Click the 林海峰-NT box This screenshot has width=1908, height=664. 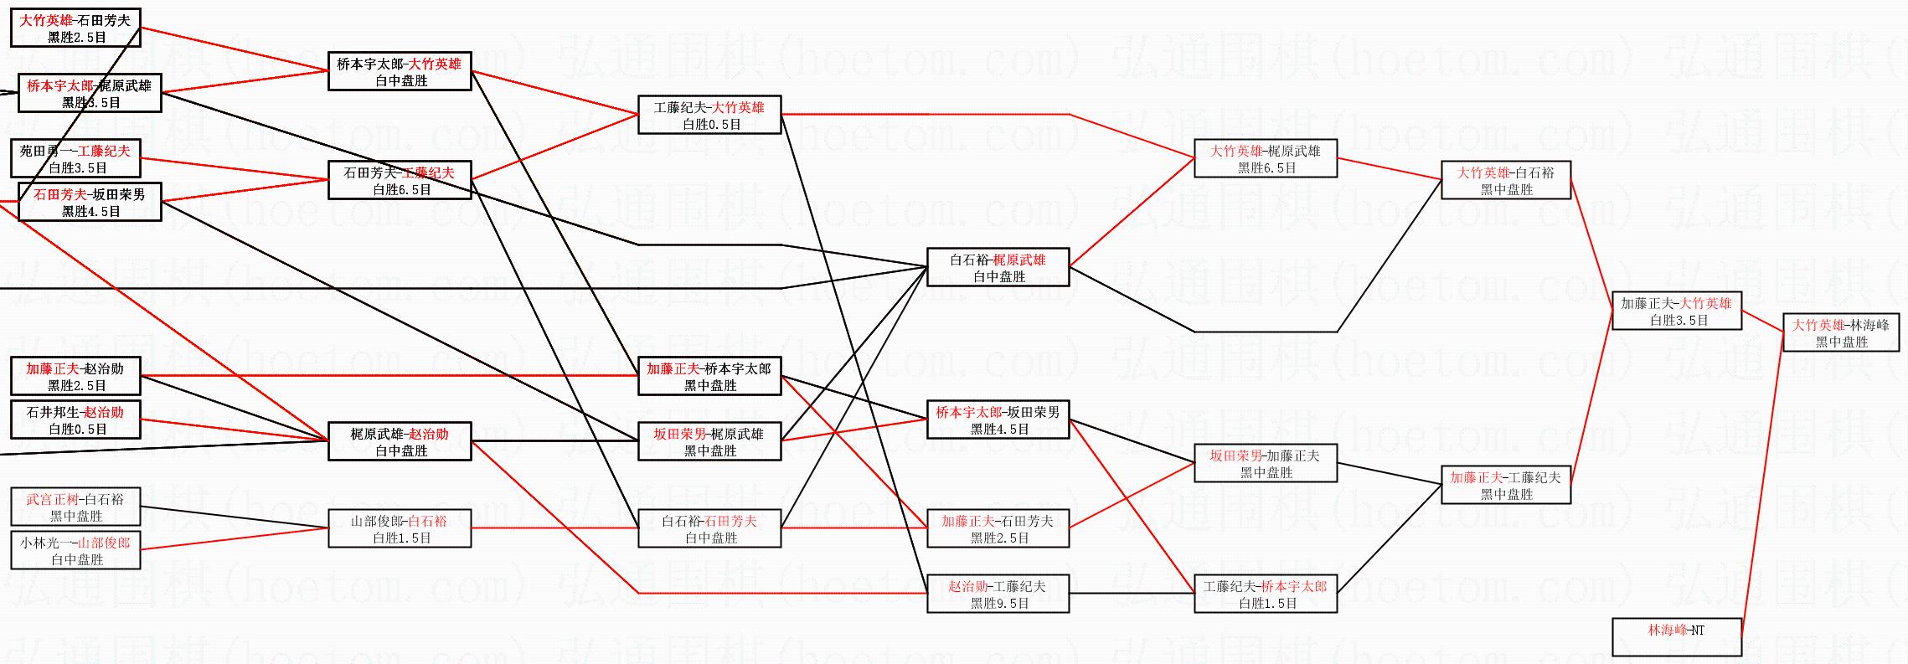(x=1676, y=636)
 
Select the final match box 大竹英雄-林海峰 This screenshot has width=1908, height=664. (x=1840, y=332)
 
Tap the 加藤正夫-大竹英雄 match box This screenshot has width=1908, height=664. (x=1676, y=311)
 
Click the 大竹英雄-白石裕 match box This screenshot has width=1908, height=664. (x=1505, y=180)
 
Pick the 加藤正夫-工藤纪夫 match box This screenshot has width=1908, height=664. (x=1505, y=485)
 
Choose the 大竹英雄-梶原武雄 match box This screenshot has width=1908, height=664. (x=1265, y=158)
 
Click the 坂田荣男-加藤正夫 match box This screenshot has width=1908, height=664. (x=1265, y=463)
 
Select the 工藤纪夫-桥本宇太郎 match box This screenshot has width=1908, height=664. (x=1265, y=594)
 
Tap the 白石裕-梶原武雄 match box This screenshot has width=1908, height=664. (x=998, y=267)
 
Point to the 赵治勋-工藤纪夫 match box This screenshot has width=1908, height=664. (x=998, y=594)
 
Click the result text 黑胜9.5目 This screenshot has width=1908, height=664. (x=998, y=603)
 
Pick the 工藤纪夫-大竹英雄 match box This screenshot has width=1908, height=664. (x=709, y=115)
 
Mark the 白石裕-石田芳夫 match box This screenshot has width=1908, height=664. (x=709, y=528)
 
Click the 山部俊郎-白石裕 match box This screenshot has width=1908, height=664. (x=400, y=528)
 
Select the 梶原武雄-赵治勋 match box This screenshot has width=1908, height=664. (x=400, y=441)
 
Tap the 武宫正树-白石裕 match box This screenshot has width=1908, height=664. (x=75, y=507)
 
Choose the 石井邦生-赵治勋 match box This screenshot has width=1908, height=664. (x=75, y=420)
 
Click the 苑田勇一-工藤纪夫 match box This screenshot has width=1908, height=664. (x=75, y=158)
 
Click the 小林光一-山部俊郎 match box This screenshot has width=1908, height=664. (x=75, y=550)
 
